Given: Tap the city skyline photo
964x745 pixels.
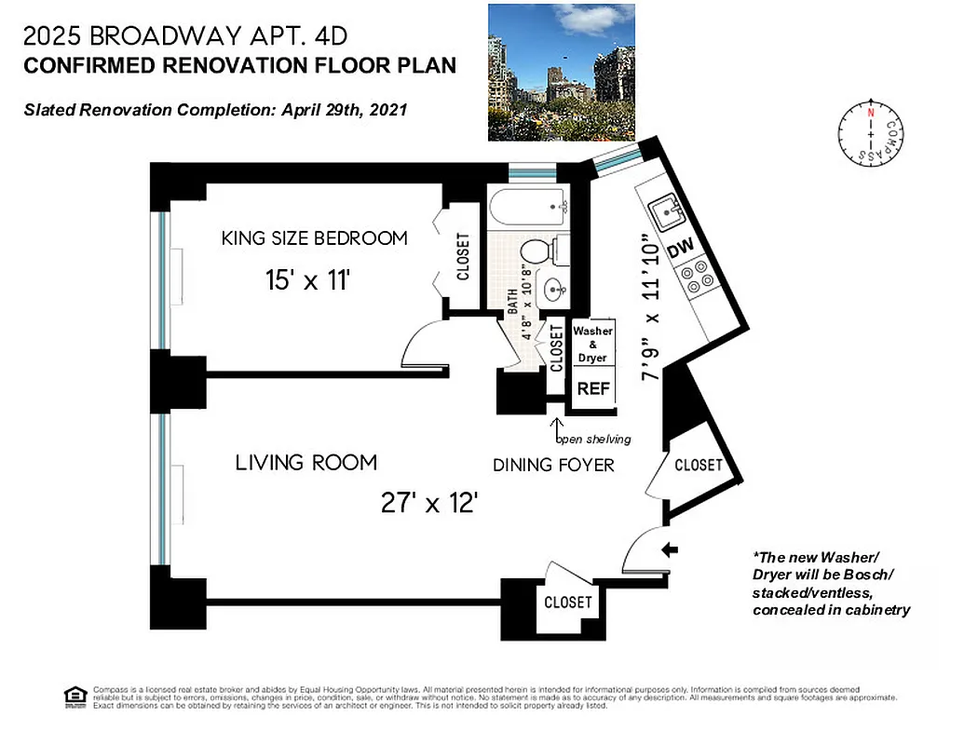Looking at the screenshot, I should coord(561,72).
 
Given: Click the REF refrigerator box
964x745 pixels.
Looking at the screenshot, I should coord(592,389).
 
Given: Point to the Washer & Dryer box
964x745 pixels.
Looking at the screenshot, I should coord(591,345).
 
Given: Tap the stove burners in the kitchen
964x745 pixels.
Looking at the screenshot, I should coord(697,278).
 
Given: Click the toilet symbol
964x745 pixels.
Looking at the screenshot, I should coord(542,251).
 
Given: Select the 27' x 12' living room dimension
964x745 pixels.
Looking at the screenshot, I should coord(429,504).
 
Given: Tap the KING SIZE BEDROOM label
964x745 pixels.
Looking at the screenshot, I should coord(314,238).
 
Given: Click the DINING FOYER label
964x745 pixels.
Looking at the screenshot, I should coord(553,464).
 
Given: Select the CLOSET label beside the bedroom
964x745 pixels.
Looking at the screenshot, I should coord(463,256).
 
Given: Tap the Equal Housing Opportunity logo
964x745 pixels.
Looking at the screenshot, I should coord(75,698).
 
